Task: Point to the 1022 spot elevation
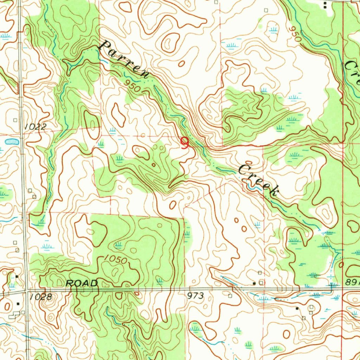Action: click(x=36, y=127)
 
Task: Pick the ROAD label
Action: click(x=82, y=283)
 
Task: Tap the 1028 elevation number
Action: click(x=41, y=297)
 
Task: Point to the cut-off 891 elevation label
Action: click(x=352, y=282)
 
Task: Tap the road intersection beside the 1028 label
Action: click(x=26, y=290)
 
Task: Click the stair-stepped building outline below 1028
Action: click(x=15, y=314)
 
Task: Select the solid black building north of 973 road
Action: click(x=254, y=283)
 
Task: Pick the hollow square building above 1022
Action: click(x=15, y=120)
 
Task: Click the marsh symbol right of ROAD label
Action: click(x=160, y=280)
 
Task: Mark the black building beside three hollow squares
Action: click(x=297, y=308)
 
